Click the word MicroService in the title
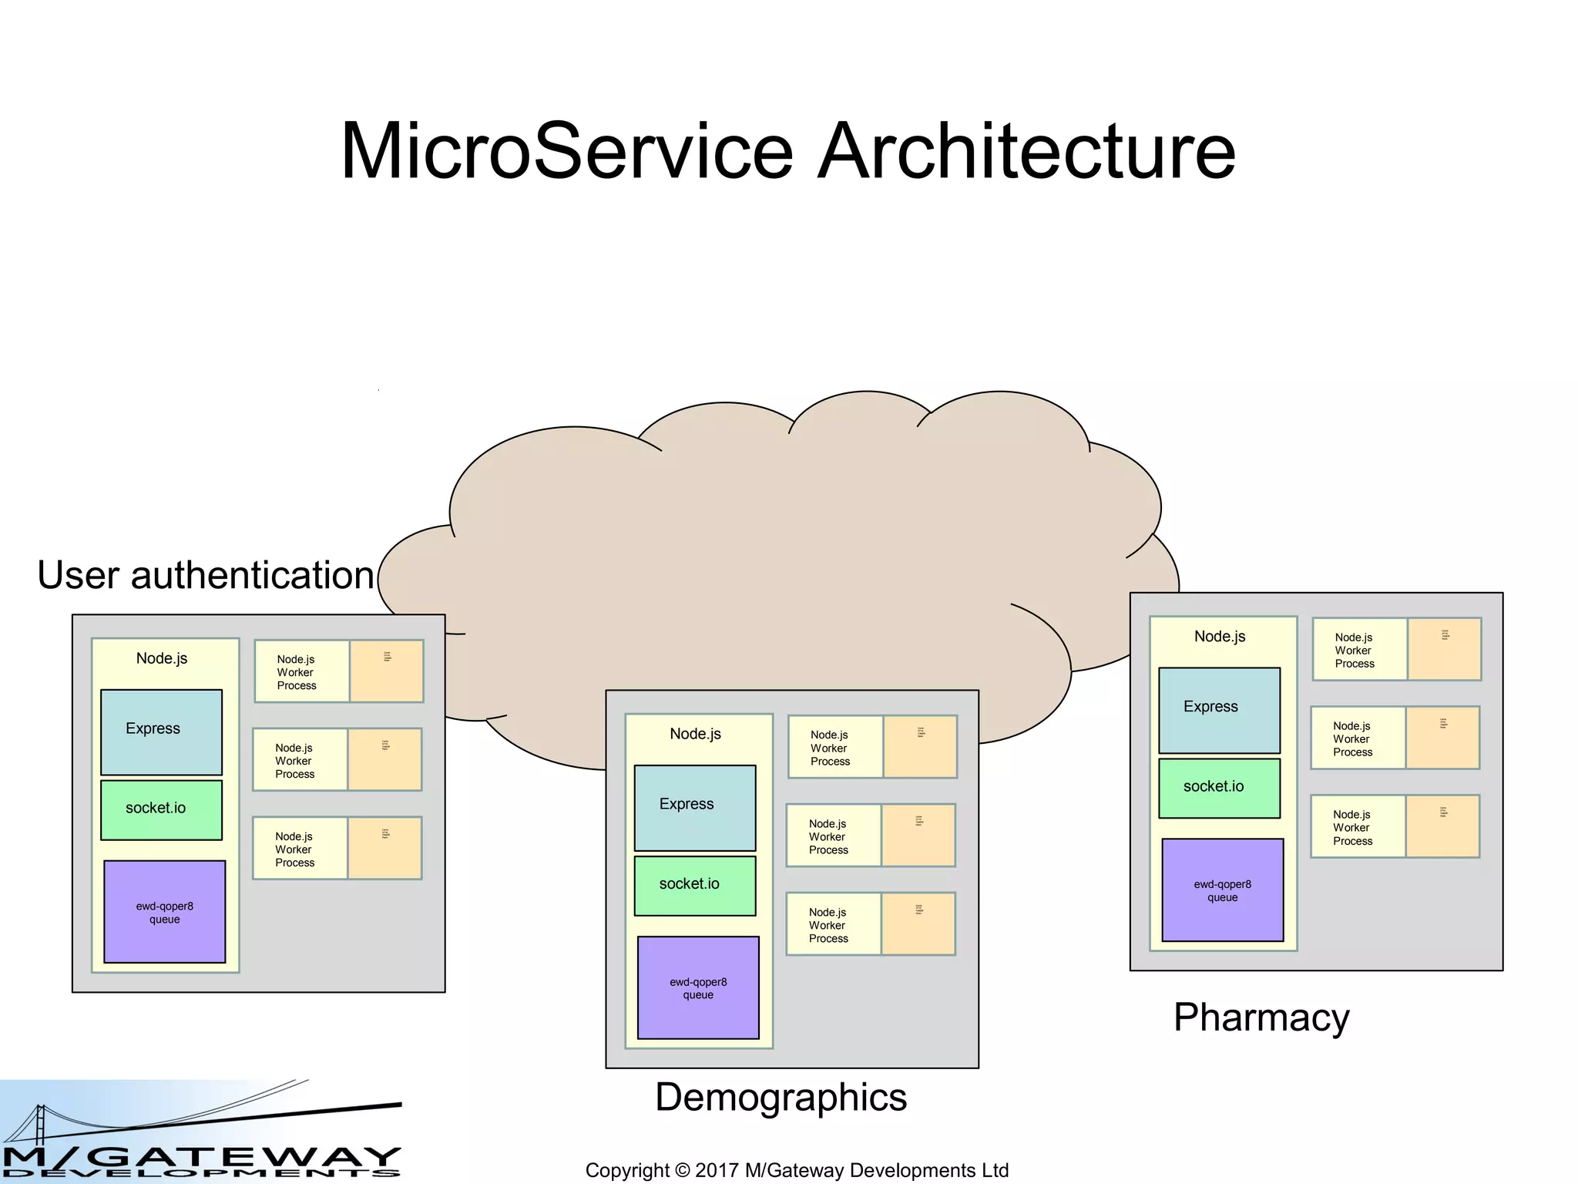pos(566,151)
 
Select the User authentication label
pos(206,575)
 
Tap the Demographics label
pos(781,1097)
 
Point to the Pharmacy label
pos(1261,1017)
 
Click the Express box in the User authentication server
pos(161,732)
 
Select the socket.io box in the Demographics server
pos(694,885)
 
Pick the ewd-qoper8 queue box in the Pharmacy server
pos(1222,890)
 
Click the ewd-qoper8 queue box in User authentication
pos(164,911)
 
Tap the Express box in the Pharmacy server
pos(1219,709)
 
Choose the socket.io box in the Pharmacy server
pos(1219,787)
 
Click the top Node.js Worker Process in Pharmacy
pos(1359,650)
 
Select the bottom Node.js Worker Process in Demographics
pos(833,924)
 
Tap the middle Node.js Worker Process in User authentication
pos(300,760)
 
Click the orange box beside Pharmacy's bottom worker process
pos(1442,826)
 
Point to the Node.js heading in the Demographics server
pos(695,734)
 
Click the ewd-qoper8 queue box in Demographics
pos(698,987)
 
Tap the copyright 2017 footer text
pos(797,1170)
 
